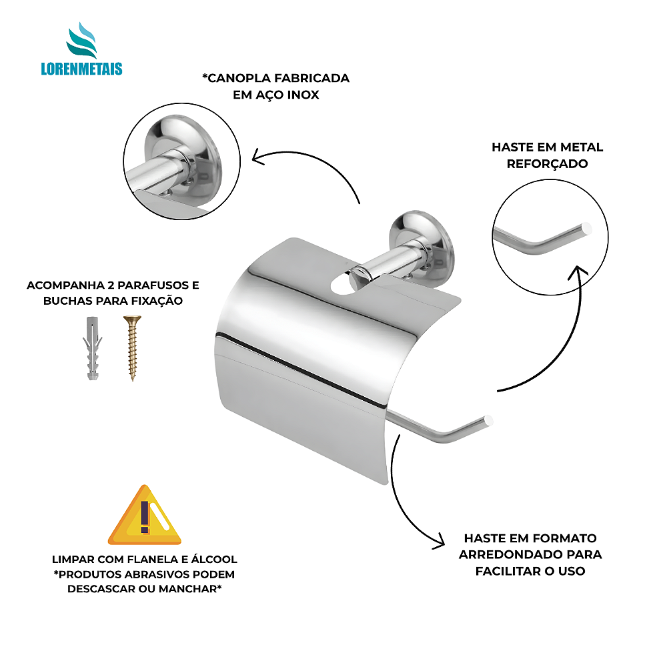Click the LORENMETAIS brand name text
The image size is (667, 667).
point(81,69)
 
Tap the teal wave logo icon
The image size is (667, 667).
point(81,40)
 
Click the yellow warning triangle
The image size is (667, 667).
point(145,515)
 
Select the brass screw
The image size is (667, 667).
point(132,348)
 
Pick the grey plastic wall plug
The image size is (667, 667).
point(92,348)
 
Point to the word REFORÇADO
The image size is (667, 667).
point(547,164)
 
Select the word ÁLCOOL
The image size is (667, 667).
point(214,559)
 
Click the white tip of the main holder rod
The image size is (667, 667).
point(488,420)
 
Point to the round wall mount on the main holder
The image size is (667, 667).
point(422,243)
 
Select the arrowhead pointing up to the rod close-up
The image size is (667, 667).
point(578,272)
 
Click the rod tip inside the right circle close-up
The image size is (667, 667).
point(586,228)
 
